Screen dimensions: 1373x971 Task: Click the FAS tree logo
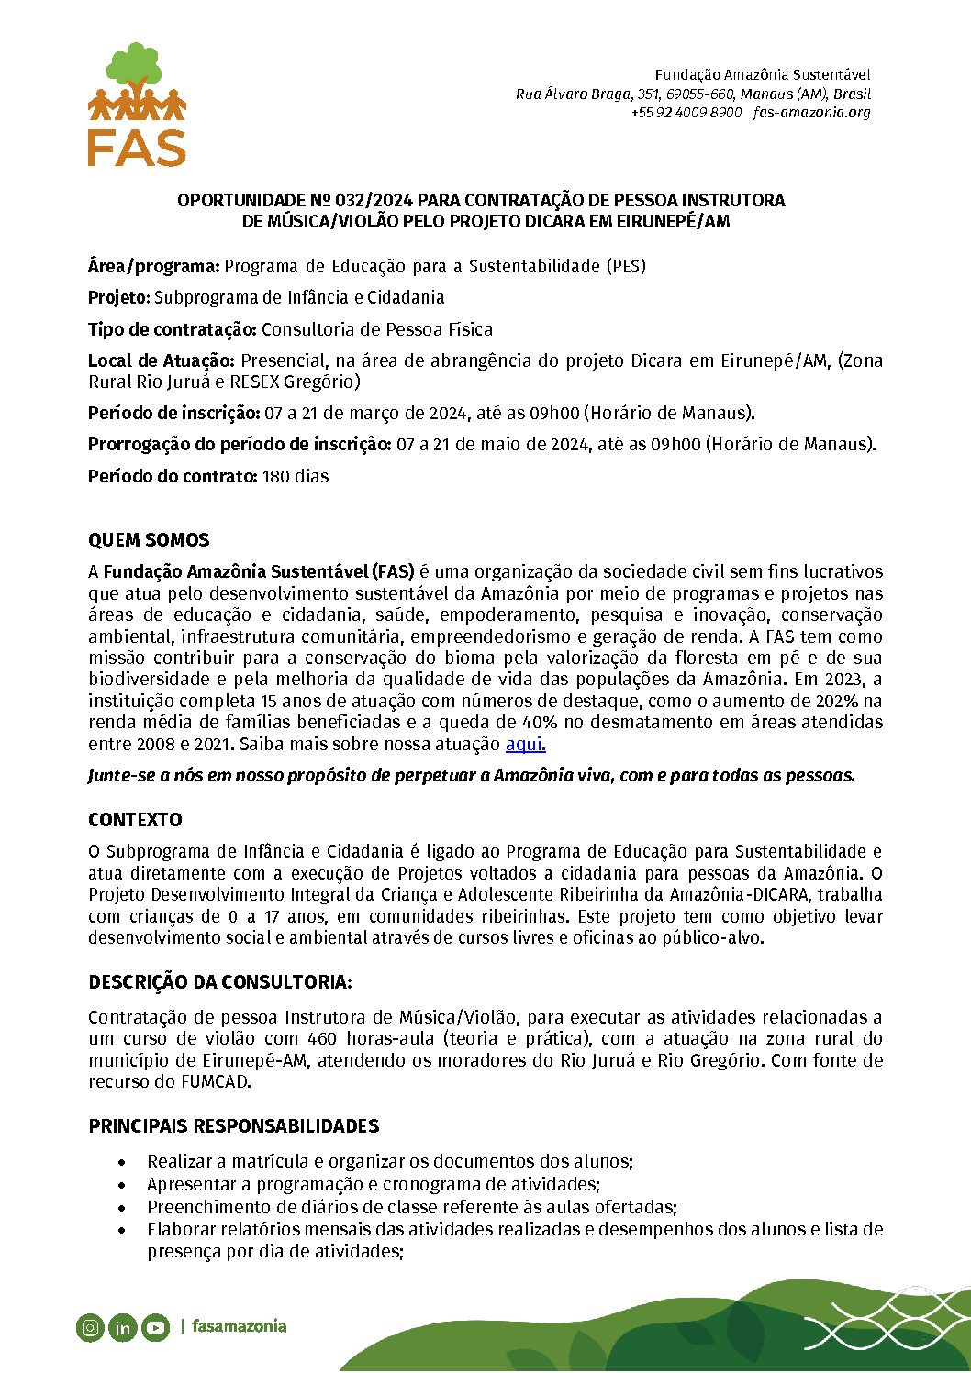click(137, 105)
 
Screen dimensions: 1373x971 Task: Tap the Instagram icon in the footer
click(90, 1327)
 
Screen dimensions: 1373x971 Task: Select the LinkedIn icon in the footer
click(122, 1327)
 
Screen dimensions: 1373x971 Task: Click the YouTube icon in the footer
click(155, 1327)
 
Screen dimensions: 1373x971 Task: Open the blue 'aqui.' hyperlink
click(525, 745)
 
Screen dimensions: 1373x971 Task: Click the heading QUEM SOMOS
click(149, 540)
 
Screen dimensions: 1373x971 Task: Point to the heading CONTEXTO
click(135, 820)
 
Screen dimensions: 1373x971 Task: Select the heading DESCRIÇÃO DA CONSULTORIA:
click(220, 982)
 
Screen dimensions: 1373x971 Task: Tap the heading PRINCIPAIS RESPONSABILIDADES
click(234, 1126)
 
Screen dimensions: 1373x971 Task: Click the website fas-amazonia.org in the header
click(811, 113)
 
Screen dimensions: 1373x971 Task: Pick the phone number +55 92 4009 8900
click(686, 113)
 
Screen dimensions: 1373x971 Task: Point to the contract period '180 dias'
click(296, 476)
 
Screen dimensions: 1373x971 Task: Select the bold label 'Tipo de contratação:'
click(173, 329)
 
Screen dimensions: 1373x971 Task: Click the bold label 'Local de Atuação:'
click(162, 360)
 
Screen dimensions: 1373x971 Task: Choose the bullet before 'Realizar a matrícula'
click(122, 1162)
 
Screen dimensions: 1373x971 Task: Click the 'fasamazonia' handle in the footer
click(239, 1326)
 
